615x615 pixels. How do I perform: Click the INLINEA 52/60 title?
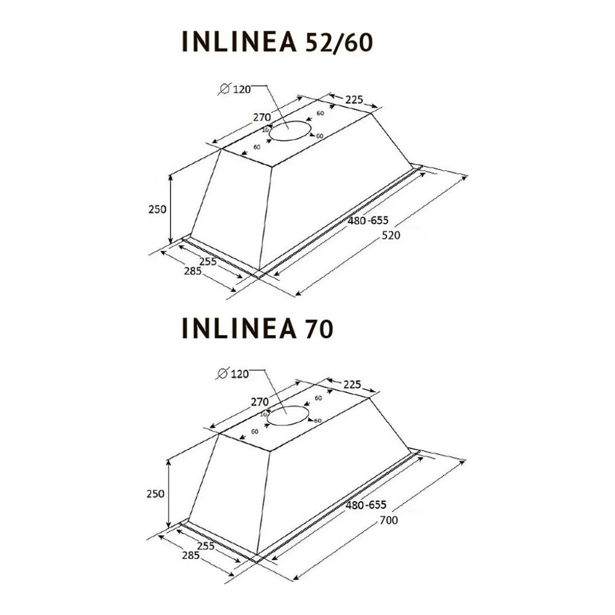point(277,42)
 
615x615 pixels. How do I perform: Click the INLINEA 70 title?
point(258,328)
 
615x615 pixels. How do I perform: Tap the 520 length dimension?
point(391,236)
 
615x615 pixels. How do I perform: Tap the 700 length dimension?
point(389,520)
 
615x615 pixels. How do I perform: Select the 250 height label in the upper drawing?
point(157,210)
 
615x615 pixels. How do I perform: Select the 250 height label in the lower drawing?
point(156,494)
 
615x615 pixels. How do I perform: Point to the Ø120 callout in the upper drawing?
point(235,89)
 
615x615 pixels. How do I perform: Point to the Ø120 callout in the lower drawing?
point(233,374)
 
